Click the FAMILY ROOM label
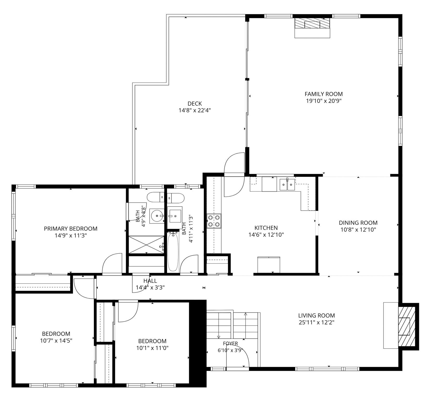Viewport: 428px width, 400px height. tap(323, 94)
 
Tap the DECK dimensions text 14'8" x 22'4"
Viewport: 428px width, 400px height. tap(194, 110)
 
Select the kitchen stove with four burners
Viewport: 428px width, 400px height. tap(214, 221)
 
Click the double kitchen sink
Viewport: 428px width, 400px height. tap(287, 185)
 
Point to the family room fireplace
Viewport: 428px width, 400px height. tap(313, 28)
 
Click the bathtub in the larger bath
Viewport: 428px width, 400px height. tap(173, 252)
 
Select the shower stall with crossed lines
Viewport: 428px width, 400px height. tap(146, 244)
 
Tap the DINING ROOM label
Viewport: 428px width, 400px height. tap(358, 223)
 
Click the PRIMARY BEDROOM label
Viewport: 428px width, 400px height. tap(71, 229)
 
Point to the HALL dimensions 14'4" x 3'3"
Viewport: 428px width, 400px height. tap(150, 288)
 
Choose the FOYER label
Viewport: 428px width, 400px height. tap(230, 344)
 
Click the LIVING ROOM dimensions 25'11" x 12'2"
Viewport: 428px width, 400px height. tap(316, 322)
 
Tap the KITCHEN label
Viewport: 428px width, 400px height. tap(266, 228)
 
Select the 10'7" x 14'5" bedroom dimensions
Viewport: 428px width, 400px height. tap(56, 340)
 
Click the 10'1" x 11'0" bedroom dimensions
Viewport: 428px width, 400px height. tap(152, 348)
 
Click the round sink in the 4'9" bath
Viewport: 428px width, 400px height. tap(157, 216)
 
